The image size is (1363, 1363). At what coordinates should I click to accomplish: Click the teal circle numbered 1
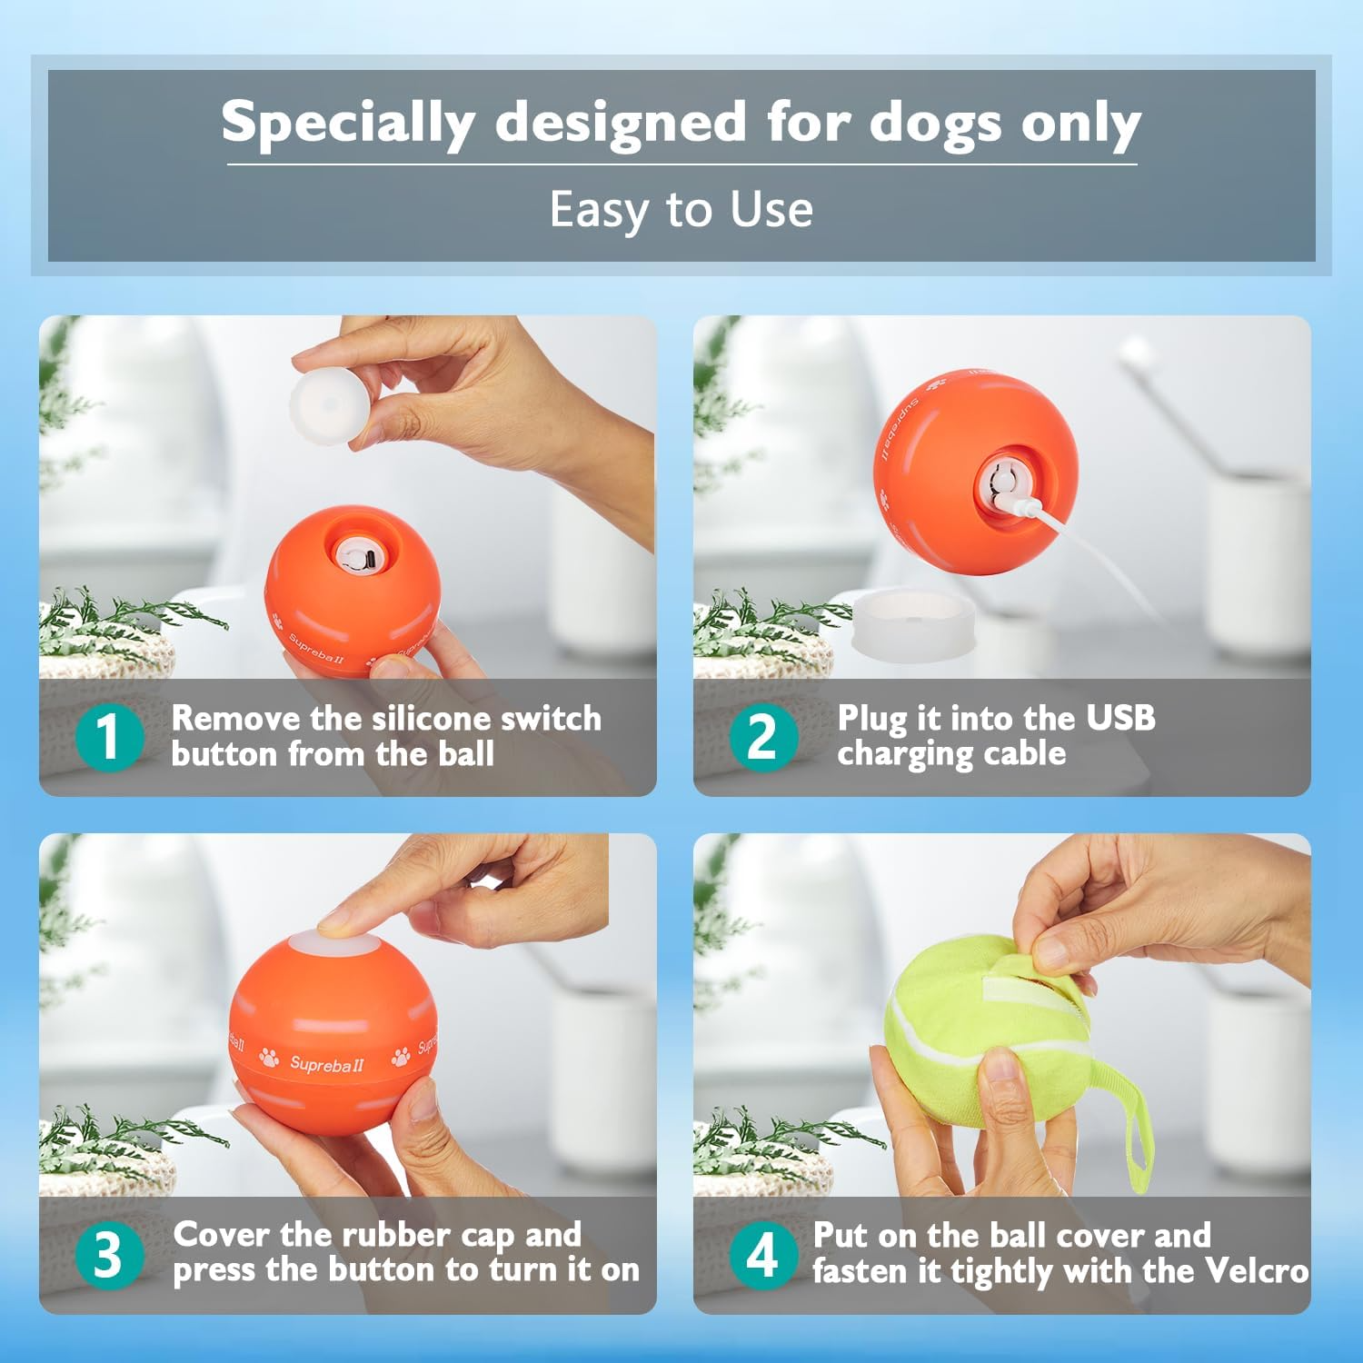pyautogui.click(x=109, y=736)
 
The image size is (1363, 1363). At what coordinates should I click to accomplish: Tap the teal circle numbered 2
pyautogui.click(x=763, y=736)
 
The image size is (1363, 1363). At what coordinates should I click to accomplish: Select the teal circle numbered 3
pyautogui.click(x=109, y=1254)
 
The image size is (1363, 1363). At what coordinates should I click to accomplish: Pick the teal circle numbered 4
pyautogui.click(x=763, y=1254)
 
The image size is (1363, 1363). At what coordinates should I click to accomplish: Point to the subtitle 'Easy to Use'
pyautogui.click(x=681, y=210)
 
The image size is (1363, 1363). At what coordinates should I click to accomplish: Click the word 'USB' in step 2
pyautogui.click(x=1120, y=717)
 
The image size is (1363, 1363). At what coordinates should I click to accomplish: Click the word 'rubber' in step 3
pyautogui.click(x=389, y=1234)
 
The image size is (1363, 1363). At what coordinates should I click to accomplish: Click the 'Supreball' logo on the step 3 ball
pyautogui.click(x=326, y=1063)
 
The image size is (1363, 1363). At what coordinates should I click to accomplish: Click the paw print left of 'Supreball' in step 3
pyautogui.click(x=270, y=1057)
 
